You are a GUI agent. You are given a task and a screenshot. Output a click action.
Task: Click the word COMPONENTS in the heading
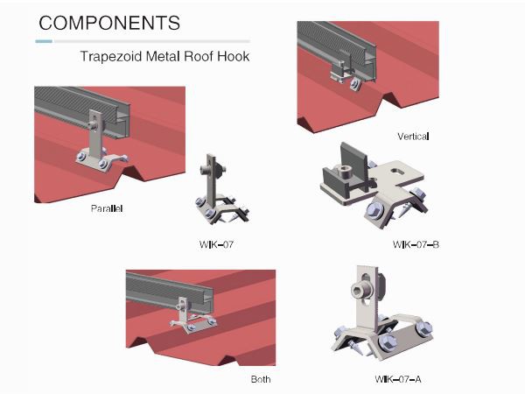click(x=109, y=23)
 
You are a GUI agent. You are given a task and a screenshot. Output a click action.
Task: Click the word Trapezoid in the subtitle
click(x=111, y=56)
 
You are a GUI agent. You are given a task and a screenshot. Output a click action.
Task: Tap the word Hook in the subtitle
click(x=234, y=56)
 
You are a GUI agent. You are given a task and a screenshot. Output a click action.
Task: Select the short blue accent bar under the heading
click(x=44, y=41)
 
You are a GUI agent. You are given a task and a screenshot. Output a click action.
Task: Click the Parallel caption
click(x=107, y=208)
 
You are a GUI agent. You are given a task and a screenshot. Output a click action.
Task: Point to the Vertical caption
click(x=413, y=137)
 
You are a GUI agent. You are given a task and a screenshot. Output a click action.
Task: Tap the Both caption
click(x=261, y=379)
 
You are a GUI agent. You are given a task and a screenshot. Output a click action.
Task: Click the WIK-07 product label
click(x=216, y=244)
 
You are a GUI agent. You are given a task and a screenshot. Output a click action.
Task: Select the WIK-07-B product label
click(x=416, y=244)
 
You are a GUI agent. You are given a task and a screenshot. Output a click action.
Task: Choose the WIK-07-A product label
click(x=398, y=379)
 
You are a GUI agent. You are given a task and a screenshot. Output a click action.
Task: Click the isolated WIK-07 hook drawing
click(x=222, y=190)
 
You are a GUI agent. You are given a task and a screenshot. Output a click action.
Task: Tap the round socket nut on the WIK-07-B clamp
click(x=345, y=174)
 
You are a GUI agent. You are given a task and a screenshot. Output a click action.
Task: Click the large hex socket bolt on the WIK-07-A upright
click(x=360, y=289)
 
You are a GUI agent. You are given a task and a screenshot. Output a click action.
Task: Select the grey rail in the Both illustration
click(x=169, y=292)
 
